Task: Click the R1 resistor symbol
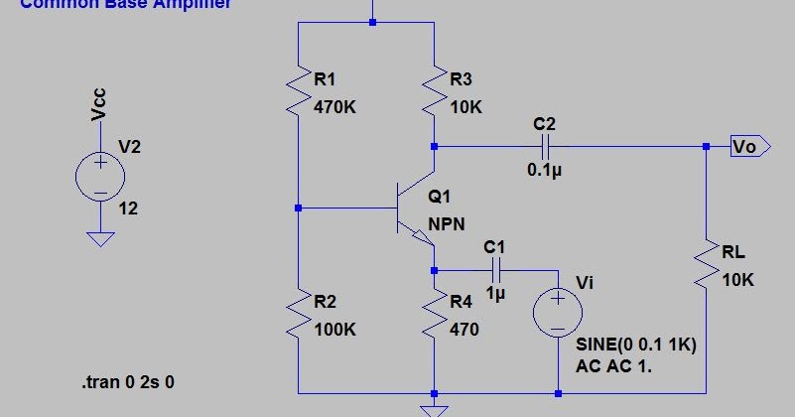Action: pos(298,91)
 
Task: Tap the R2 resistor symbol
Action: pos(298,314)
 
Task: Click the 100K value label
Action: pos(334,329)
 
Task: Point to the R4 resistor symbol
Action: pos(435,314)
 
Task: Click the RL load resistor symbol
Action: pos(706,265)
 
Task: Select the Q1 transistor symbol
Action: pos(412,209)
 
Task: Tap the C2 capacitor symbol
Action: pos(544,146)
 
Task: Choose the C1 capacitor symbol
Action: pos(495,270)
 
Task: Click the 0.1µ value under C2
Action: pos(544,170)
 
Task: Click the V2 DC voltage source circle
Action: pos(100,178)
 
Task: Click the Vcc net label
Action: pos(99,104)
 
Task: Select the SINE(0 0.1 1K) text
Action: pos(637,346)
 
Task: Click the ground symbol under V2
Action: pos(100,238)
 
